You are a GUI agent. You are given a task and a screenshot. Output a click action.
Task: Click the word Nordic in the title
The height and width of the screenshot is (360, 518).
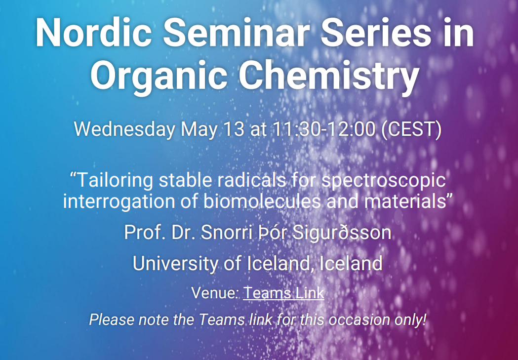pos(94,33)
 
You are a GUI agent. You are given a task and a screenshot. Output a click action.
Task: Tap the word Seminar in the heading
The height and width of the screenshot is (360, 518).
pos(236,33)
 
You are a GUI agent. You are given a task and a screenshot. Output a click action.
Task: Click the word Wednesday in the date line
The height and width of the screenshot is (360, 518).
pos(124,129)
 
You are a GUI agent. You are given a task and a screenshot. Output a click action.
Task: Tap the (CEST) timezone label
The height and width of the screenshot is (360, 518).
pos(411,129)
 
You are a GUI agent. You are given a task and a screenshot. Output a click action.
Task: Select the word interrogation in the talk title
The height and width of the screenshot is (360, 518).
pos(119,201)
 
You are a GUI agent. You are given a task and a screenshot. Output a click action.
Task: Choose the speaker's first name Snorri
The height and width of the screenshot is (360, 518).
pos(227,233)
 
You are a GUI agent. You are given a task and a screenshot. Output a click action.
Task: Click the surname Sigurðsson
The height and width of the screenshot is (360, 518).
pos(342,233)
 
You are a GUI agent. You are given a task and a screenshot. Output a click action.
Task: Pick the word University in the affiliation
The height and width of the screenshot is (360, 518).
pos(175,264)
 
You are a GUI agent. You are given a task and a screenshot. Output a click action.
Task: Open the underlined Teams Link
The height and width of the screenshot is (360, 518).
pos(284,293)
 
